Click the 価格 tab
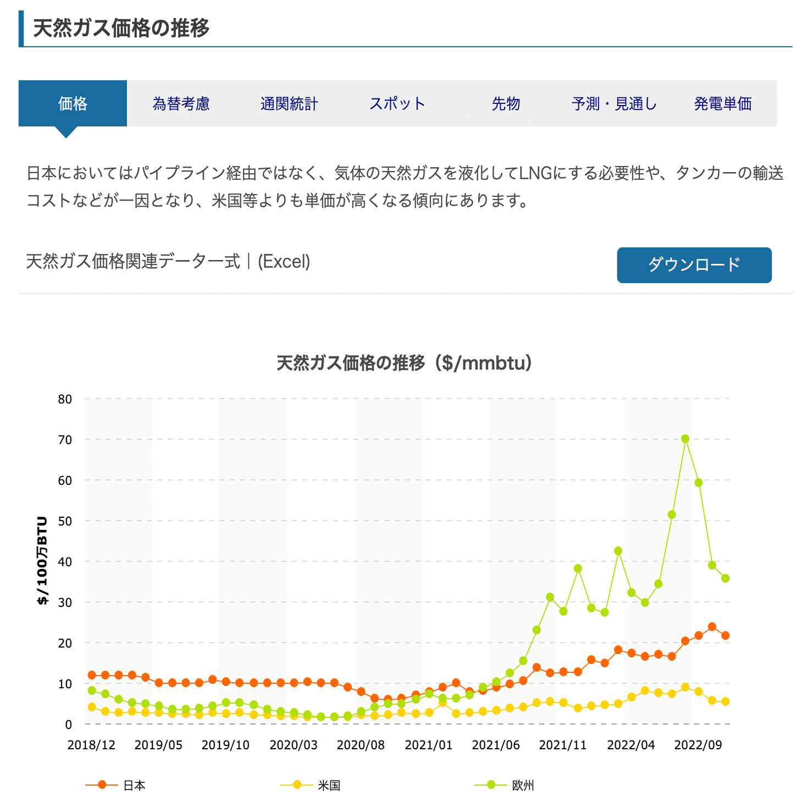click(73, 103)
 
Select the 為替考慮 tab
click(181, 103)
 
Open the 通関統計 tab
click(289, 103)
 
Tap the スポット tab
click(397, 103)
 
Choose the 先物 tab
click(506, 103)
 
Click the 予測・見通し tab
click(614, 103)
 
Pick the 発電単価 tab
click(722, 103)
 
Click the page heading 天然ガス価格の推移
click(121, 28)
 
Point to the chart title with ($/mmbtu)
click(404, 363)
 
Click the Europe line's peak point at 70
click(685, 439)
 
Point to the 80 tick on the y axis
click(65, 399)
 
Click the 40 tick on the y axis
click(65, 562)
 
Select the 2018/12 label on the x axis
click(91, 745)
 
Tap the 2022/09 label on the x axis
click(698, 745)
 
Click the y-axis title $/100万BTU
click(42, 561)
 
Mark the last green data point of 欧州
click(725, 578)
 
